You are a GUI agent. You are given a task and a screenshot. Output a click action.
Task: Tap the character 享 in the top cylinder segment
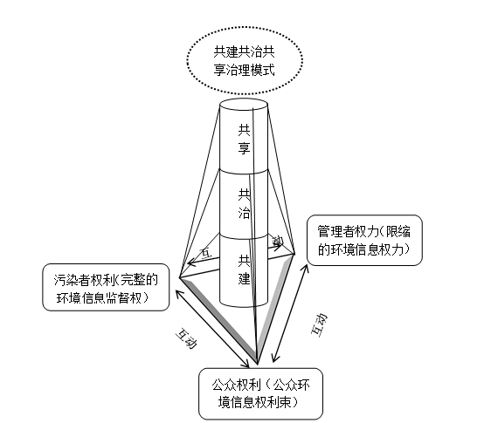(x=244, y=147)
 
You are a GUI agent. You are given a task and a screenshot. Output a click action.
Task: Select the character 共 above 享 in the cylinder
(x=244, y=131)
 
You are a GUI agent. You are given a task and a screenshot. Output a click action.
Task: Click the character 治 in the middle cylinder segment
(x=244, y=213)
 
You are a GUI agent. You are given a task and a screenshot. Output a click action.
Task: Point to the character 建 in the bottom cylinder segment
(x=244, y=278)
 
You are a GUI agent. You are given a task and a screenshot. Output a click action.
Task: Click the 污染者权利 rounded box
(x=106, y=287)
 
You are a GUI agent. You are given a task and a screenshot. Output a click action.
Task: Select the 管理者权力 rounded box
(x=364, y=241)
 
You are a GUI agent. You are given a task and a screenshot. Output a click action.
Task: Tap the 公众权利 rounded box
(x=261, y=393)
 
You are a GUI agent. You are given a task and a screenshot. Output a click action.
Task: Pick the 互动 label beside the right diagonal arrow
(x=319, y=325)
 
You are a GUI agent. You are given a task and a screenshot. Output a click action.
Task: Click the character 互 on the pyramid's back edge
(x=207, y=253)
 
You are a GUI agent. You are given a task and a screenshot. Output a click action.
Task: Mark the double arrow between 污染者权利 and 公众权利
(x=212, y=329)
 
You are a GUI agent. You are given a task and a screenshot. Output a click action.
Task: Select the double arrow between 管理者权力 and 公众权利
(x=289, y=313)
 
